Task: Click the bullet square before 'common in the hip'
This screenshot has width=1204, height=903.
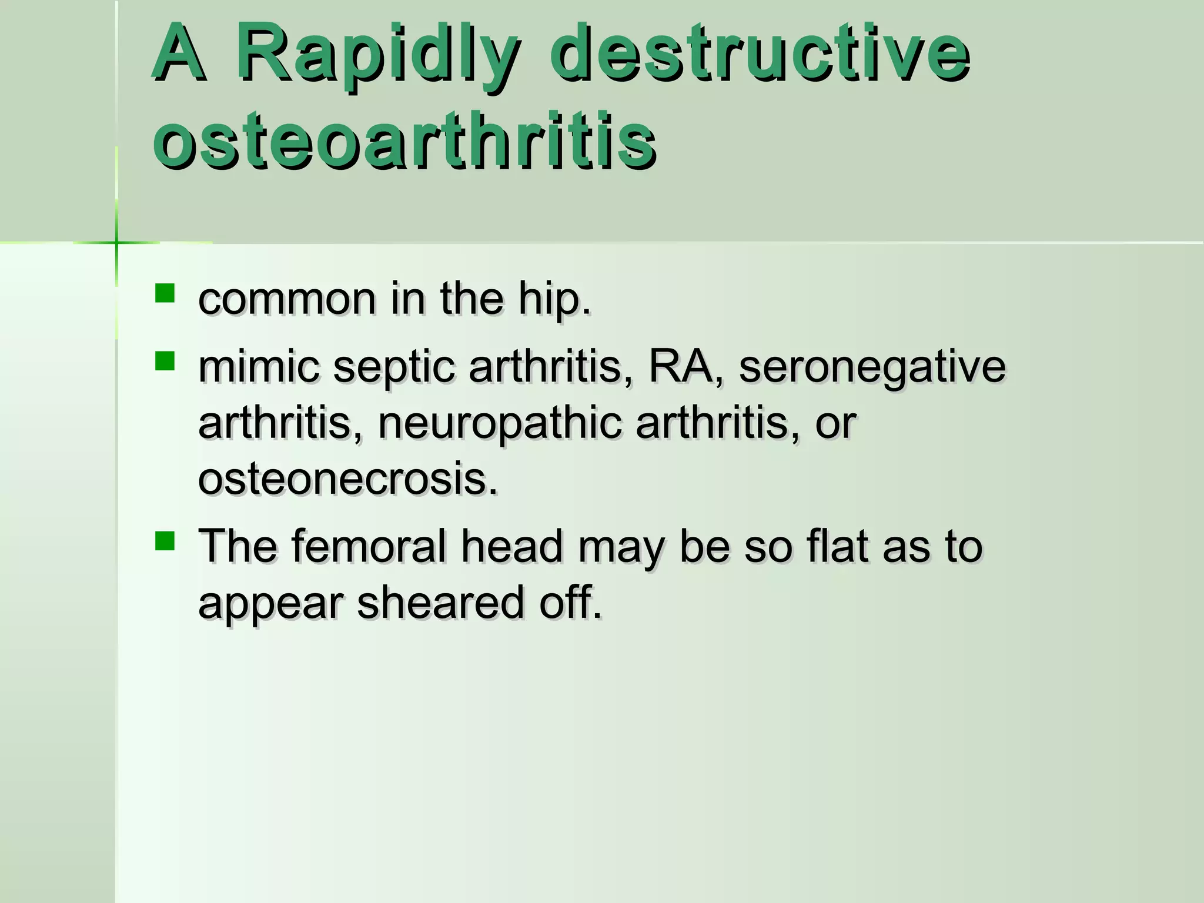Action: (165, 293)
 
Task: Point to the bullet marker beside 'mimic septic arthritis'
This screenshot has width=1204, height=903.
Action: (165, 361)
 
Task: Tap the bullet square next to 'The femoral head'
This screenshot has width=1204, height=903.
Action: (165, 541)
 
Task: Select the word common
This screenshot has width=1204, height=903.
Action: (287, 300)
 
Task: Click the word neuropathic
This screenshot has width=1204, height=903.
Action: (500, 424)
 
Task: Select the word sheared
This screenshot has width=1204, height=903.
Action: (440, 603)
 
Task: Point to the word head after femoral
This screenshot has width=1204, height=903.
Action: (511, 546)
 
